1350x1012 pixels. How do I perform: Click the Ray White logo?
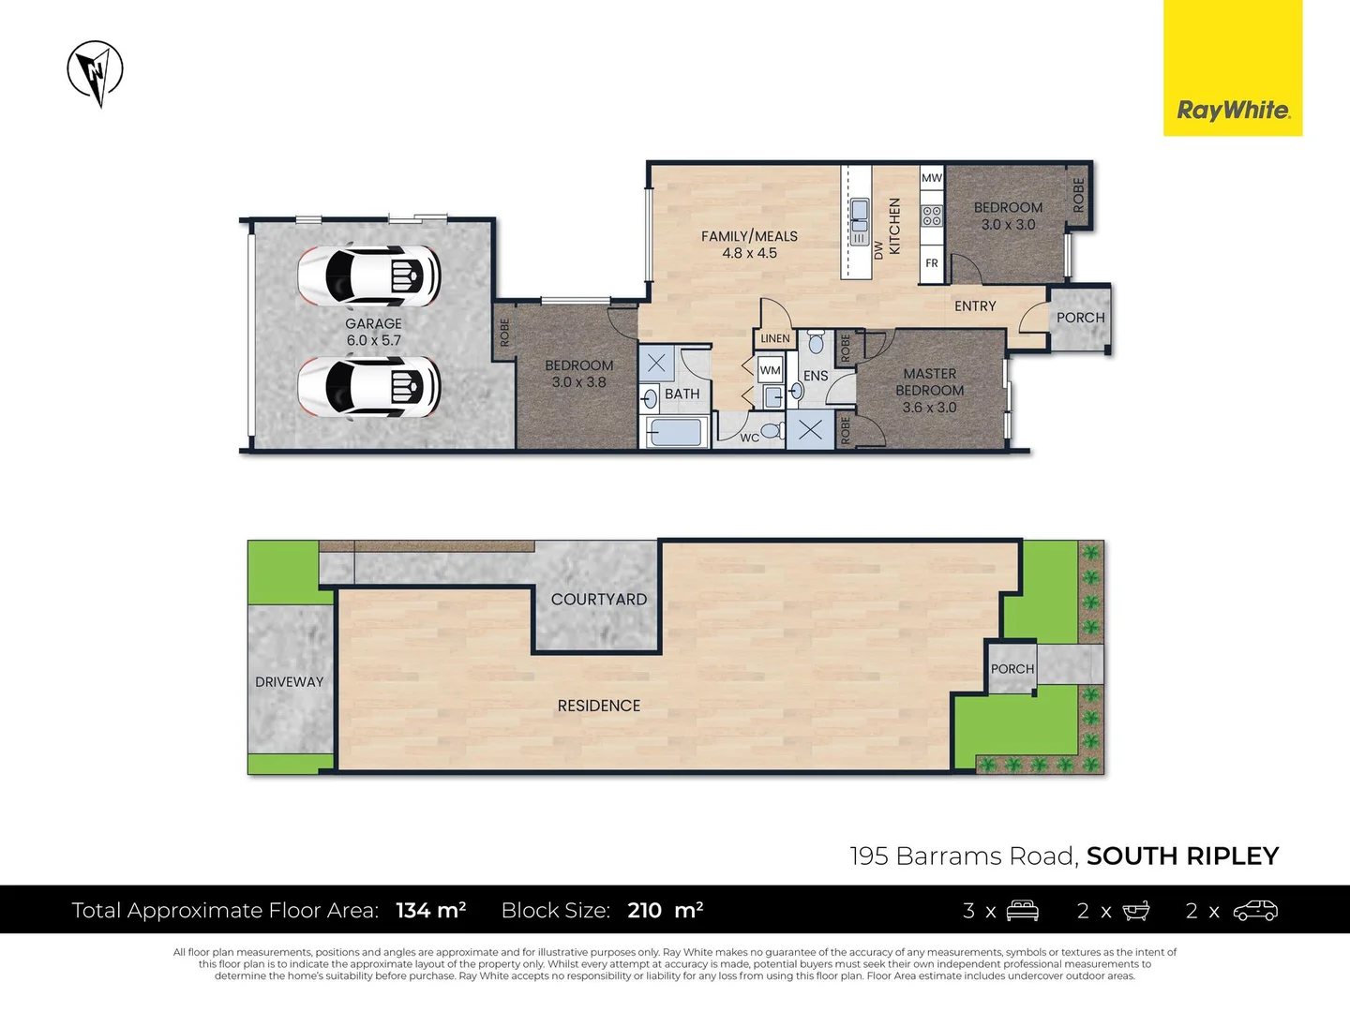(x=1233, y=111)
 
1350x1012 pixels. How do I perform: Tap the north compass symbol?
(x=96, y=71)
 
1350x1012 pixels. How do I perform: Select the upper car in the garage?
(x=369, y=276)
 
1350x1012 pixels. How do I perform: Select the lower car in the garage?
(x=369, y=387)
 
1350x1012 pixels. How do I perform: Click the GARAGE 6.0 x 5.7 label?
(x=373, y=332)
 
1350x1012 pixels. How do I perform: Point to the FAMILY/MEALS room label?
(x=749, y=245)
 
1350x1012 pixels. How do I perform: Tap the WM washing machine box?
(x=770, y=370)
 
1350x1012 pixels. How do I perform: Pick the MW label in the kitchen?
(x=931, y=178)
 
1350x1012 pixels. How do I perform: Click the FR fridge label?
(x=931, y=263)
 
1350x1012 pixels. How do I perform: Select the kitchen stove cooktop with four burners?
(x=931, y=216)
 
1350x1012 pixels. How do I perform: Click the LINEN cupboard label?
(x=775, y=338)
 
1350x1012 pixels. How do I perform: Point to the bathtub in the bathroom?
(x=674, y=433)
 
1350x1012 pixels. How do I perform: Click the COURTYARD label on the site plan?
(x=599, y=600)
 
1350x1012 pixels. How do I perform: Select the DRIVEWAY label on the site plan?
(x=289, y=682)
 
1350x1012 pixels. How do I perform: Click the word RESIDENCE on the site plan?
(x=599, y=706)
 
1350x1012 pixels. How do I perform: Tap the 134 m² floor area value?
(x=430, y=910)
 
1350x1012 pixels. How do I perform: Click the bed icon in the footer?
(x=1022, y=911)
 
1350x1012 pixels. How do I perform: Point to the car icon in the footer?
(x=1255, y=911)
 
